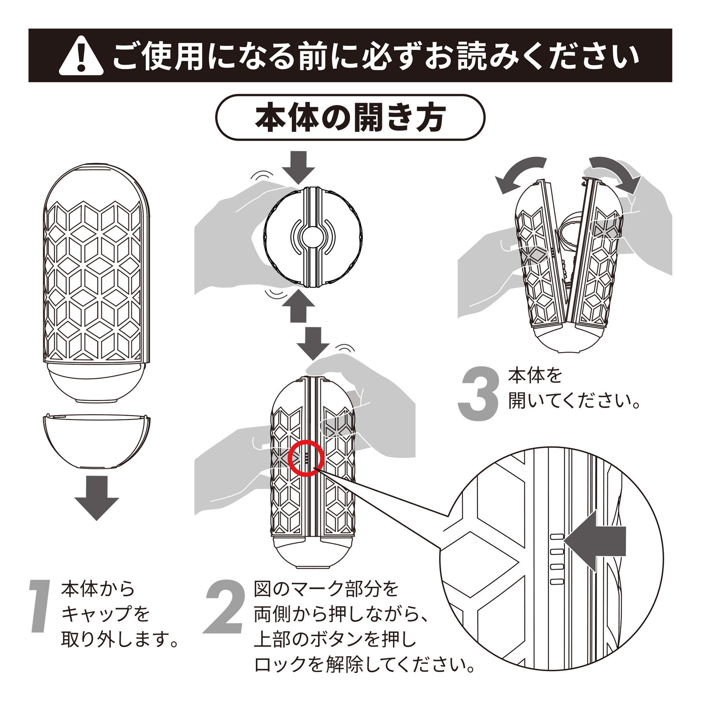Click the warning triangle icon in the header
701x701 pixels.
(81, 56)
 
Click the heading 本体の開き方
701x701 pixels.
(350, 117)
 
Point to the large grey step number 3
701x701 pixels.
(478, 394)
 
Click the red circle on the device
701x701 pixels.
(306, 458)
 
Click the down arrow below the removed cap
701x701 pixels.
(97, 498)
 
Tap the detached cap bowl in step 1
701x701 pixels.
(96, 441)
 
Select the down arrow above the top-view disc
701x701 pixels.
(298, 168)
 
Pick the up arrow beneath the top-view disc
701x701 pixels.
(298, 306)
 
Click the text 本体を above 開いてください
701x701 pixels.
(535, 376)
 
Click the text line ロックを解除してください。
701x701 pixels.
(364, 664)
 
